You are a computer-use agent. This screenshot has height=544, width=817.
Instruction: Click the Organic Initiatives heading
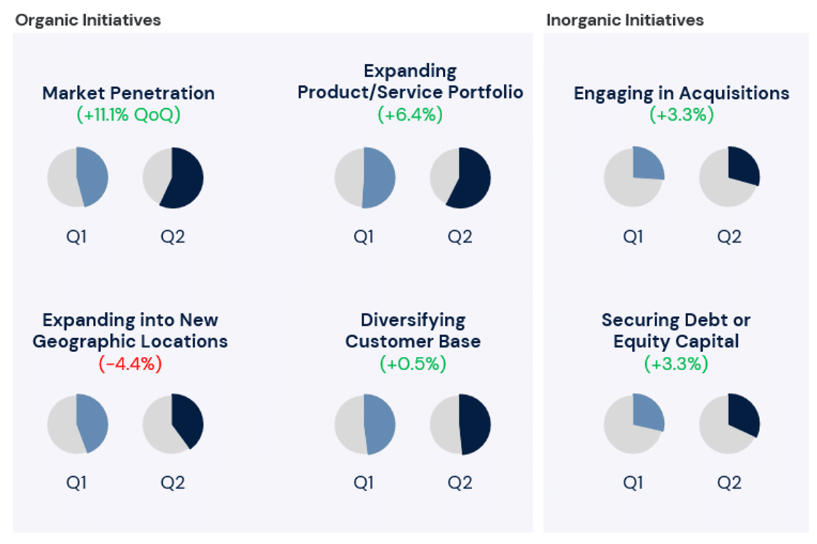pyautogui.click(x=88, y=20)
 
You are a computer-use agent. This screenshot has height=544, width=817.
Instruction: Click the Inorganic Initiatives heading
pyautogui.click(x=624, y=20)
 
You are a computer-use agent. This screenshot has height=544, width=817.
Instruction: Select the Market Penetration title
pyautogui.click(x=128, y=93)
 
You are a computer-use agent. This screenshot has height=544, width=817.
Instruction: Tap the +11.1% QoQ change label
pyautogui.click(x=128, y=114)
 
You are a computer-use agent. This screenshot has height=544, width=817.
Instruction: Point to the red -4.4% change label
pyautogui.click(x=130, y=364)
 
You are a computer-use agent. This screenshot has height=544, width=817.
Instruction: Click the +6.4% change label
pyautogui.click(x=410, y=114)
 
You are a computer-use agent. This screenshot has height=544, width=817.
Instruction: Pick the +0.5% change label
pyautogui.click(x=413, y=363)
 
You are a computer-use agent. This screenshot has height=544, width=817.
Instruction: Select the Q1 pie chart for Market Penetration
pyautogui.click(x=78, y=177)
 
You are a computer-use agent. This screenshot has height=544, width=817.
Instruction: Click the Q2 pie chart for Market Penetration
pyautogui.click(x=173, y=177)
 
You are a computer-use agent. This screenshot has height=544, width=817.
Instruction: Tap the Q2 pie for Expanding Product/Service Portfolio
pyautogui.click(x=460, y=177)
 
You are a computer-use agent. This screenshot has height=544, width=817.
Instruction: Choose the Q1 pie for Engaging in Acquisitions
pyautogui.click(x=634, y=177)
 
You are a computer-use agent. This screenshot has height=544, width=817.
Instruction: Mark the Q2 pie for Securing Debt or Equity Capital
pyautogui.click(x=729, y=424)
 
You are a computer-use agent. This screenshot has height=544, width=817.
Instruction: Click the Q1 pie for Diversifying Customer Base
pyautogui.click(x=364, y=424)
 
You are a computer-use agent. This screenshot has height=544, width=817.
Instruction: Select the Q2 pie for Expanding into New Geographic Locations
pyautogui.click(x=173, y=423)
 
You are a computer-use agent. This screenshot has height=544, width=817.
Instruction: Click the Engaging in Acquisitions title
pyautogui.click(x=681, y=93)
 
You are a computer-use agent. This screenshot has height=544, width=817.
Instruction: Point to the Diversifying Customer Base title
pyautogui.click(x=413, y=331)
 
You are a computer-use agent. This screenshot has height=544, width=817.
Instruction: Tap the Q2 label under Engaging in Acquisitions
pyautogui.click(x=729, y=236)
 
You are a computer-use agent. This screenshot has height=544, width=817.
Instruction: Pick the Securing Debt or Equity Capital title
pyautogui.click(x=676, y=331)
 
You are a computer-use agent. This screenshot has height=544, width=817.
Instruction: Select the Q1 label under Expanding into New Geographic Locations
pyautogui.click(x=77, y=482)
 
